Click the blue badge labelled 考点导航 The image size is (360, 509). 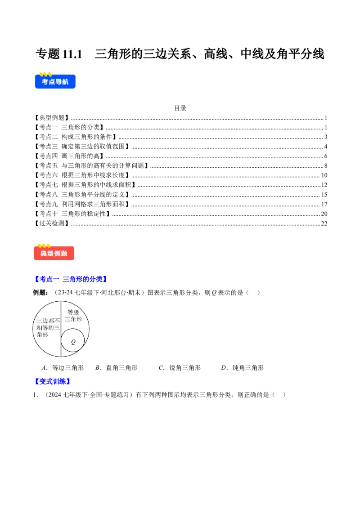pyautogui.click(x=55, y=81)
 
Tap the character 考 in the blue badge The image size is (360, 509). pyautogui.click(x=45, y=82)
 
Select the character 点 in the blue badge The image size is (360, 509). pyautogui.click(x=52, y=82)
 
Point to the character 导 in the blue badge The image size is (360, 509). pyautogui.click(x=59, y=82)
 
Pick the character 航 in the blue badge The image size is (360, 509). pyautogui.click(x=66, y=82)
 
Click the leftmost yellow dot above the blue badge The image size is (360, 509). pyautogui.click(x=41, y=74)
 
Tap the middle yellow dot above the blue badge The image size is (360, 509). pyautogui.click(x=45, y=74)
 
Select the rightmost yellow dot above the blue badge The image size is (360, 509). pyautogui.click(x=49, y=74)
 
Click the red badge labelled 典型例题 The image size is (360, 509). pyautogui.click(x=54, y=253)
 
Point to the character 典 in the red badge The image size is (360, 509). pyautogui.click(x=44, y=254)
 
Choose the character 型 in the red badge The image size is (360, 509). pyautogui.click(x=50, y=254)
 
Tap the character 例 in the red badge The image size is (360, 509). pyautogui.click(x=58, y=254)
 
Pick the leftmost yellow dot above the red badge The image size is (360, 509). pyautogui.click(x=40, y=246)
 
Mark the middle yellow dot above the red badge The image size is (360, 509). pyautogui.click(x=44, y=246)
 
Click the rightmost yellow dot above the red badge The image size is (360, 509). pyautogui.click(x=48, y=246)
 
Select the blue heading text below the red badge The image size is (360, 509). pyautogui.click(x=70, y=279)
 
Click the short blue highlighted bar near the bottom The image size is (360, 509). pyautogui.click(x=53, y=381)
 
